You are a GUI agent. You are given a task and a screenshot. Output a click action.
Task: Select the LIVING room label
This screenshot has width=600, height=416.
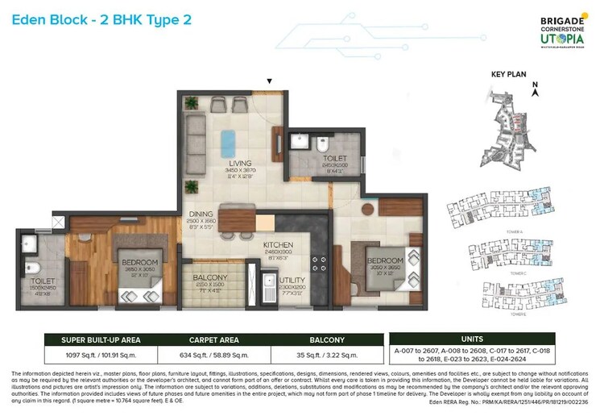(x=240, y=163)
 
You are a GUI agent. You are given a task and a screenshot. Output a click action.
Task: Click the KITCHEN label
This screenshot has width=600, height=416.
(x=277, y=245)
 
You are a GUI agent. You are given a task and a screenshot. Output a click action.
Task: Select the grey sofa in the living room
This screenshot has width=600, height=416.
(x=196, y=135)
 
